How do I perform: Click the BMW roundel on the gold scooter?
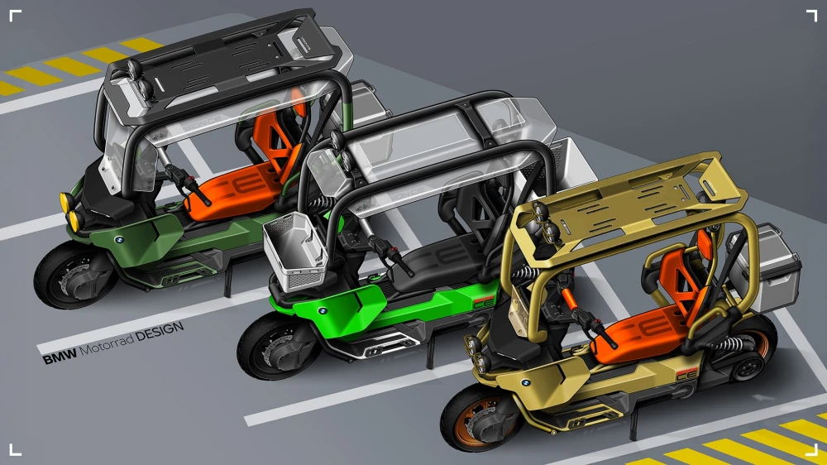tap(525, 382)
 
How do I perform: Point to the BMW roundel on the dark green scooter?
tap(119, 240)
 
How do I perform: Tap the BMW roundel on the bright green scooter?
tap(323, 310)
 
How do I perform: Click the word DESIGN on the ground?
tap(160, 332)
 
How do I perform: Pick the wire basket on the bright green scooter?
tap(295, 252)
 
